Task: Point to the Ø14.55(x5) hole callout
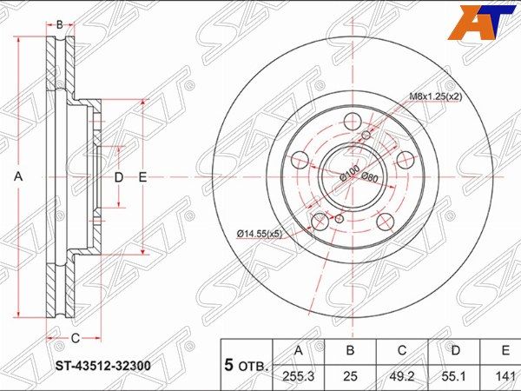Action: click(259, 232)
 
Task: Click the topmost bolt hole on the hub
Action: click(352, 121)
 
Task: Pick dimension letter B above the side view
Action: click(60, 24)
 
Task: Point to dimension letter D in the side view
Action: click(119, 177)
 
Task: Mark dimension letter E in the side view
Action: click(143, 177)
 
